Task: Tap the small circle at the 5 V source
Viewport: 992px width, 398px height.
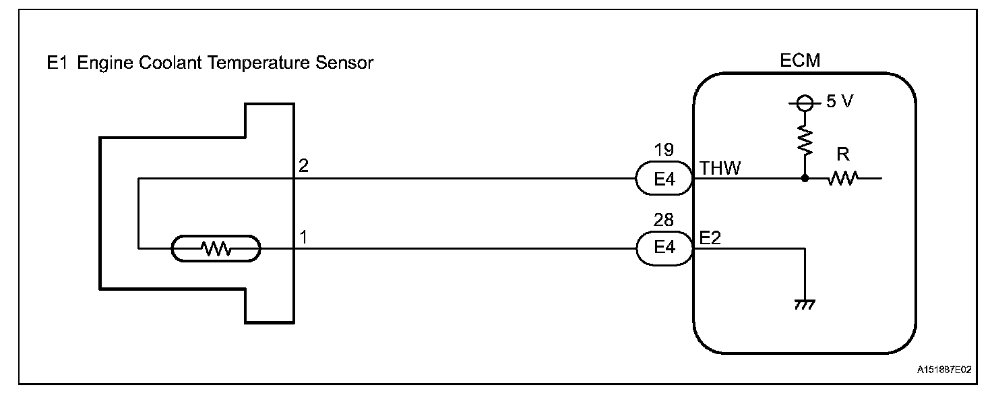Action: (x=804, y=103)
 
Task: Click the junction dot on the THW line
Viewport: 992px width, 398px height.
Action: (x=804, y=179)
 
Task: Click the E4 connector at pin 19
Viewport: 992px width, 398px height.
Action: (x=664, y=179)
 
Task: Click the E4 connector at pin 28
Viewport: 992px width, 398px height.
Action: (x=664, y=248)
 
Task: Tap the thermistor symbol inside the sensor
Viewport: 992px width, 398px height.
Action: (x=216, y=249)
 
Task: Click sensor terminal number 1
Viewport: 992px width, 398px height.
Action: (x=303, y=237)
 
